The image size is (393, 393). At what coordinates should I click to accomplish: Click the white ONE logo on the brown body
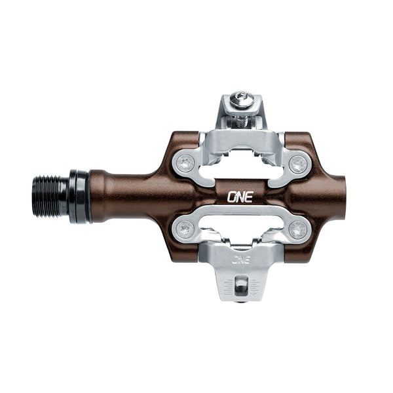pos(238,196)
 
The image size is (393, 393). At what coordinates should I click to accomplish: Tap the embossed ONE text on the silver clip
pos(241,259)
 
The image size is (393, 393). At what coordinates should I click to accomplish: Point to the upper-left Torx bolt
pos(185,163)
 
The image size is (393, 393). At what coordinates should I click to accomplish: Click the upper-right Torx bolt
pos(298,163)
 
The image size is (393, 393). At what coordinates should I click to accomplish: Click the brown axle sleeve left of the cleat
pos(124,196)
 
